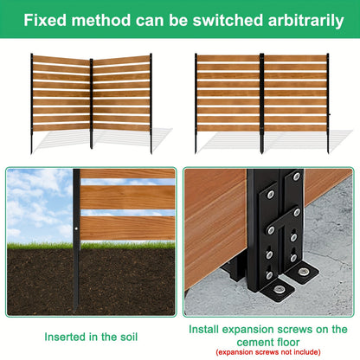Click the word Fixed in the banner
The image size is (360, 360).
point(46,20)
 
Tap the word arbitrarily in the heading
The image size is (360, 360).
point(305,21)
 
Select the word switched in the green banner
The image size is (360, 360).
point(228,20)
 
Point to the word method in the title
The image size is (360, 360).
point(101,20)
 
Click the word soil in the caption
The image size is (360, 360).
point(128,337)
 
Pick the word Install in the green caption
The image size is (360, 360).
point(204,330)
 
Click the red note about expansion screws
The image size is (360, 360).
point(268,352)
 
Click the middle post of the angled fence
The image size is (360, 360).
point(92,104)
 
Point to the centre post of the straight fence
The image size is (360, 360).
point(261,103)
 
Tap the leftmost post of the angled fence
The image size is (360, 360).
point(32,103)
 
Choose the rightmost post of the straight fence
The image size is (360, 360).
point(328,103)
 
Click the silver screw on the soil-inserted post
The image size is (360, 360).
point(76,228)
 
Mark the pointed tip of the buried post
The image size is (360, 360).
point(75,311)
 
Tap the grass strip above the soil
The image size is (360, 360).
point(91,246)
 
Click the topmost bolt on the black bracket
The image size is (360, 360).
point(296,177)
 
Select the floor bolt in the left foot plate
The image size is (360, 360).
point(279,289)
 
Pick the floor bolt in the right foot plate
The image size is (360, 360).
point(303,272)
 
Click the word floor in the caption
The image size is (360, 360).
point(286,343)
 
